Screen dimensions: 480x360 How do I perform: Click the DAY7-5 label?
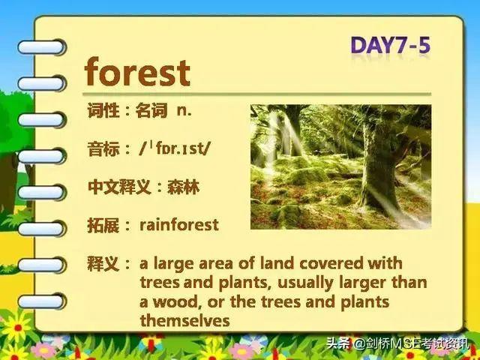(x=390, y=46)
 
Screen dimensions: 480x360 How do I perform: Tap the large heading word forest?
(x=137, y=72)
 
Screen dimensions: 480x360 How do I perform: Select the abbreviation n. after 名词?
(x=184, y=111)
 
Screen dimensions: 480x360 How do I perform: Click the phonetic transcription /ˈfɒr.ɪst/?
(x=175, y=148)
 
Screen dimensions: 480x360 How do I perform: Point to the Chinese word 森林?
(x=183, y=187)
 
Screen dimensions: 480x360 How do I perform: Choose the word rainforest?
(x=179, y=225)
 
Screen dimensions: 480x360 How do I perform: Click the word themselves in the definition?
(x=184, y=320)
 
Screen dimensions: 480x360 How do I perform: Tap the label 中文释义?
(x=119, y=187)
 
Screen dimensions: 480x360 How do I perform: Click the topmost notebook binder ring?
(x=41, y=47)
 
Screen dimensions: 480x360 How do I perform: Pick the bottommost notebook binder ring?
(x=41, y=301)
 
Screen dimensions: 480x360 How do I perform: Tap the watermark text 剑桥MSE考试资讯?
(x=410, y=343)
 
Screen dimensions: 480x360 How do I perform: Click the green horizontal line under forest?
(x=256, y=94)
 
